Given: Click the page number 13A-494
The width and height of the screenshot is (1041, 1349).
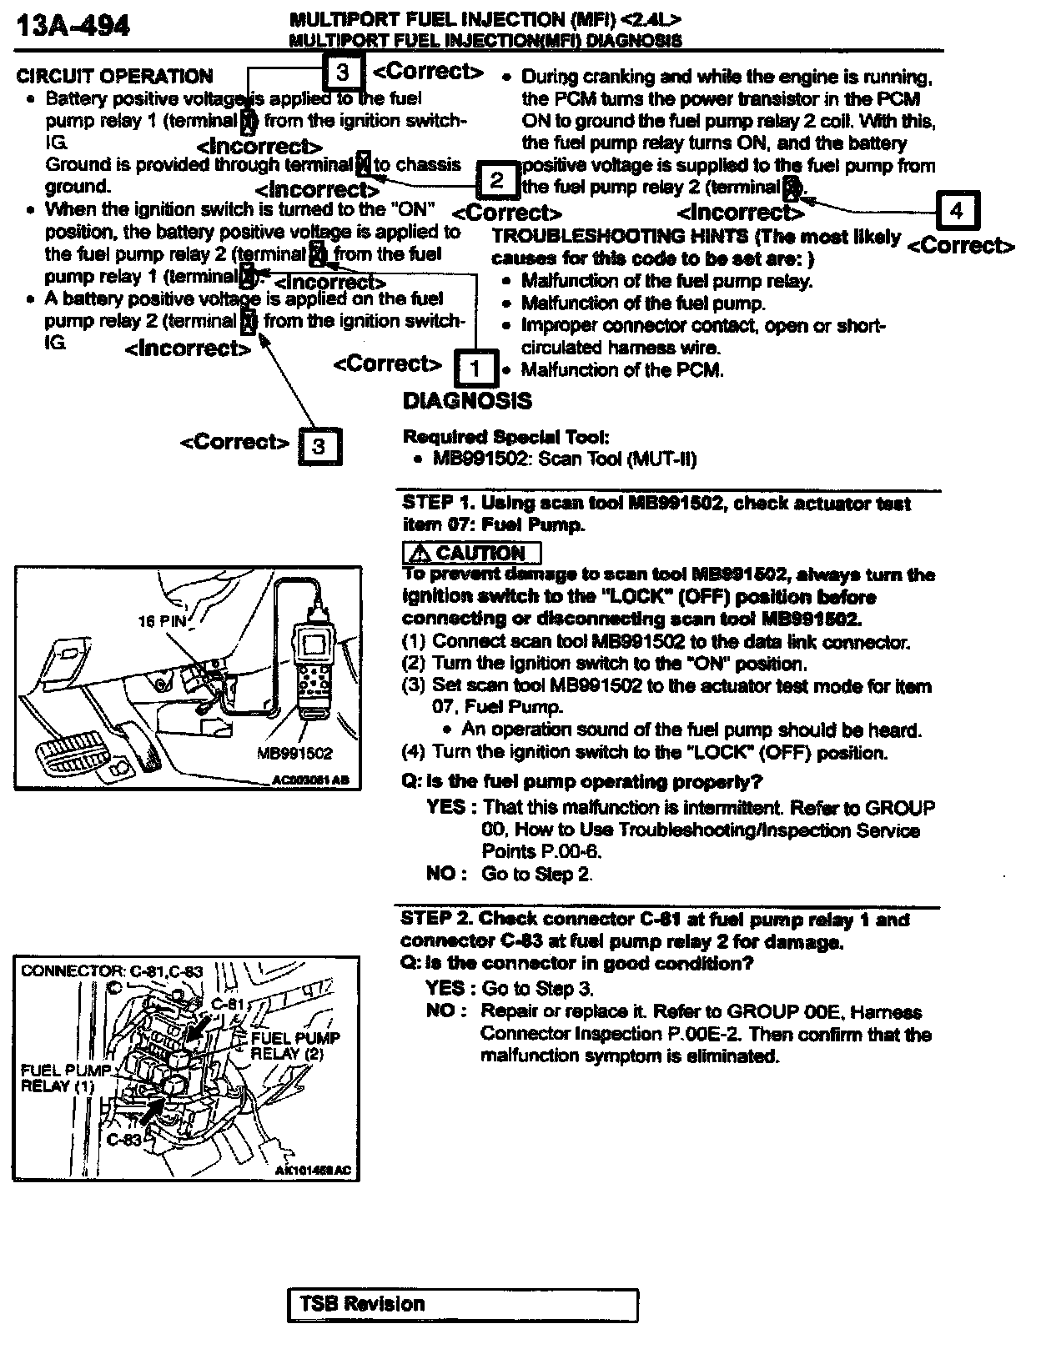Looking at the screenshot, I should tap(73, 27).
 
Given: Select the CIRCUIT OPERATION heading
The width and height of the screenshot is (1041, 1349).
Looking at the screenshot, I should tap(114, 77).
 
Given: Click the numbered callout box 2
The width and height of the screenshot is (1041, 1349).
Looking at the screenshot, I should tap(497, 180).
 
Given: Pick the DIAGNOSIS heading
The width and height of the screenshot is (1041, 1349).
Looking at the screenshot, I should tap(466, 401).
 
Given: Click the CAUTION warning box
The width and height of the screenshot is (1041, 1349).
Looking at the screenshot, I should tap(471, 553).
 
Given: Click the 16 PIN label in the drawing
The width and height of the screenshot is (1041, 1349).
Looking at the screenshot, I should tap(162, 621).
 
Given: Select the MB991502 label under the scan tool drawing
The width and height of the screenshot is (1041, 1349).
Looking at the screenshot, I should tap(294, 754).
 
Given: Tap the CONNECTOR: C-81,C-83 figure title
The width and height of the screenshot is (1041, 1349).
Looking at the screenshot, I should tap(112, 971).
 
